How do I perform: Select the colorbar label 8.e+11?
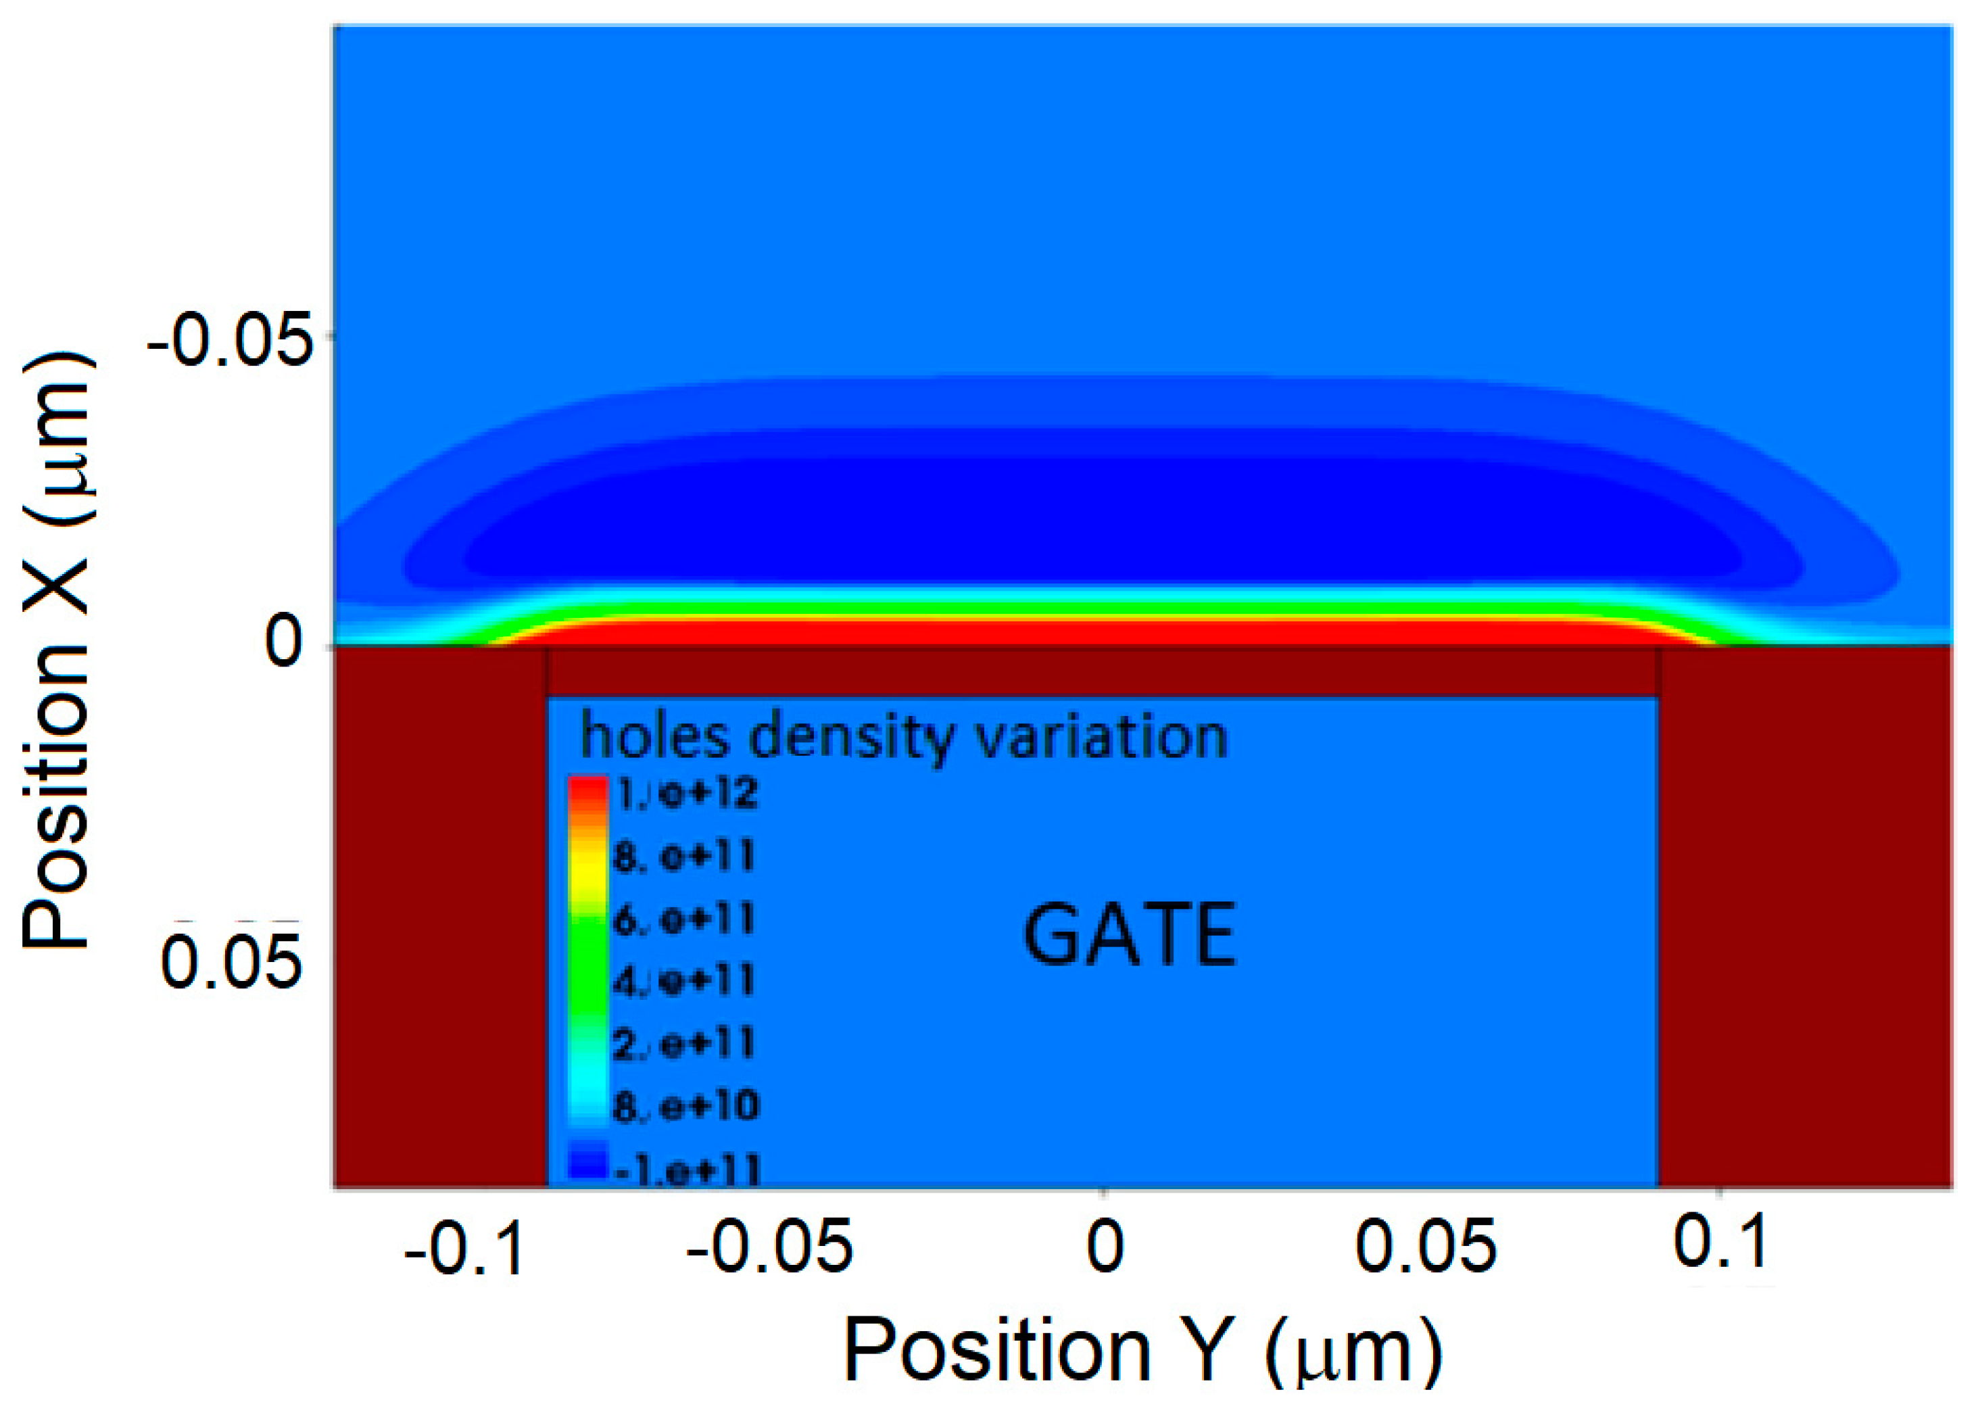pyautogui.click(x=683, y=857)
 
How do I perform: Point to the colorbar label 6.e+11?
pyautogui.click(x=683, y=919)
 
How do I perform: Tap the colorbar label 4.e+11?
pyautogui.click(x=683, y=981)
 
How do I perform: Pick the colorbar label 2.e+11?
pyautogui.click(x=683, y=1044)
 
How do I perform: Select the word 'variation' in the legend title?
pyautogui.click(x=1101, y=736)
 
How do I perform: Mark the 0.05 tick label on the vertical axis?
pyautogui.click(x=231, y=962)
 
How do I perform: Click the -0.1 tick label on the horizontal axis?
pyautogui.click(x=464, y=1249)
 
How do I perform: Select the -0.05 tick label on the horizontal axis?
pyautogui.click(x=769, y=1247)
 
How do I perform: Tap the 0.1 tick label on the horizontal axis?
pyautogui.click(x=1720, y=1242)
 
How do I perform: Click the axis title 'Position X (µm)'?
pyautogui.click(x=57, y=650)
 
